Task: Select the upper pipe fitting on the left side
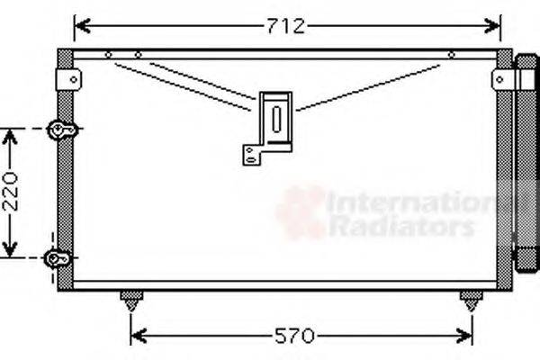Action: pyautogui.click(x=62, y=130)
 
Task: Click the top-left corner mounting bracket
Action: pyautogui.click(x=67, y=78)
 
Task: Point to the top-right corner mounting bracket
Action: pyautogui.click(x=501, y=79)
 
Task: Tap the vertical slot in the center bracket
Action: pyautogui.click(x=277, y=117)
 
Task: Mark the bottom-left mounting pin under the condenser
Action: pyautogui.click(x=131, y=299)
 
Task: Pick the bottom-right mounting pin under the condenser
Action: pyautogui.click(x=470, y=299)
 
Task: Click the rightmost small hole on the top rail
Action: pyautogui.click(x=451, y=56)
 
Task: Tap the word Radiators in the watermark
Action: pyautogui.click(x=400, y=227)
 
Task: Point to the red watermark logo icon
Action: pyautogui.click(x=301, y=211)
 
